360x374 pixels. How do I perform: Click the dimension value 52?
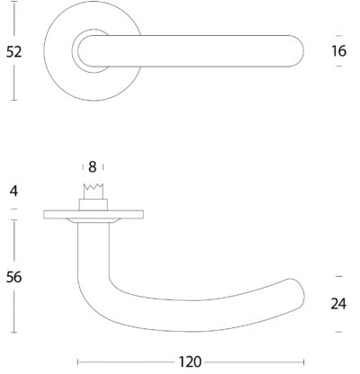point(14,51)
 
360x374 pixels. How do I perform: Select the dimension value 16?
point(339,51)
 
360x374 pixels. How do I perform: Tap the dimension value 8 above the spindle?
point(93,167)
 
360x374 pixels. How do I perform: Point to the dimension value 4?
point(13,191)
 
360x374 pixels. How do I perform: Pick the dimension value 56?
point(14,277)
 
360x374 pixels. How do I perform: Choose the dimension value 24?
point(338,304)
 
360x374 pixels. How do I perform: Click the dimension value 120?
point(190,361)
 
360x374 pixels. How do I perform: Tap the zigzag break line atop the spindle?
point(94,187)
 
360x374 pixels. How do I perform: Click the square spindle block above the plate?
point(94,205)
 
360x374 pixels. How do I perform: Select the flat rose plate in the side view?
point(94,214)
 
